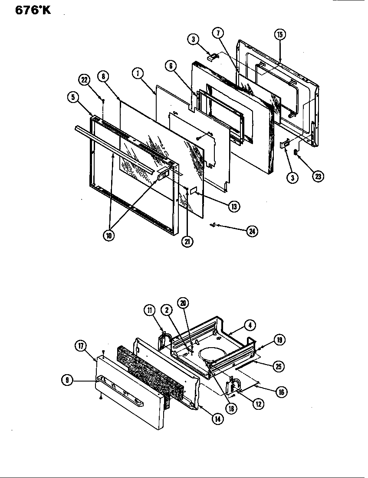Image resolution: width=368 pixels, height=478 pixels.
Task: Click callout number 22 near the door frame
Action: pyautogui.click(x=84, y=80)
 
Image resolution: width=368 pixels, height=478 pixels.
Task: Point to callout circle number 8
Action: pyautogui.click(x=103, y=76)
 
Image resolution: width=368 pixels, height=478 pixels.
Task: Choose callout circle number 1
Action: pyautogui.click(x=138, y=74)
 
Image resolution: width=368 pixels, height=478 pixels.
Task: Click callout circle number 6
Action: pyautogui.click(x=171, y=66)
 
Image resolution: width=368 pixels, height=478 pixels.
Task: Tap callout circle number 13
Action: pyautogui.click(x=233, y=207)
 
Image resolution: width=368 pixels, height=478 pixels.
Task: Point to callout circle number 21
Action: pyautogui.click(x=187, y=242)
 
